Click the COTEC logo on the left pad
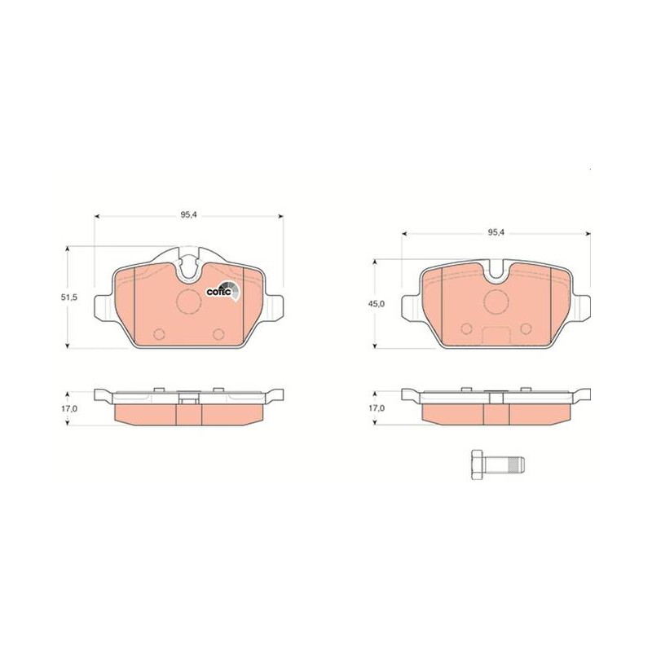(x=222, y=291)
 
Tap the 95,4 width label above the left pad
(x=188, y=215)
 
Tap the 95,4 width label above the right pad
(x=496, y=233)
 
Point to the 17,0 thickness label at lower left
(x=69, y=409)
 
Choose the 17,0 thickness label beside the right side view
(x=377, y=409)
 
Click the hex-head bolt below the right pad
(x=498, y=464)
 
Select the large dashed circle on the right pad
(x=497, y=302)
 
